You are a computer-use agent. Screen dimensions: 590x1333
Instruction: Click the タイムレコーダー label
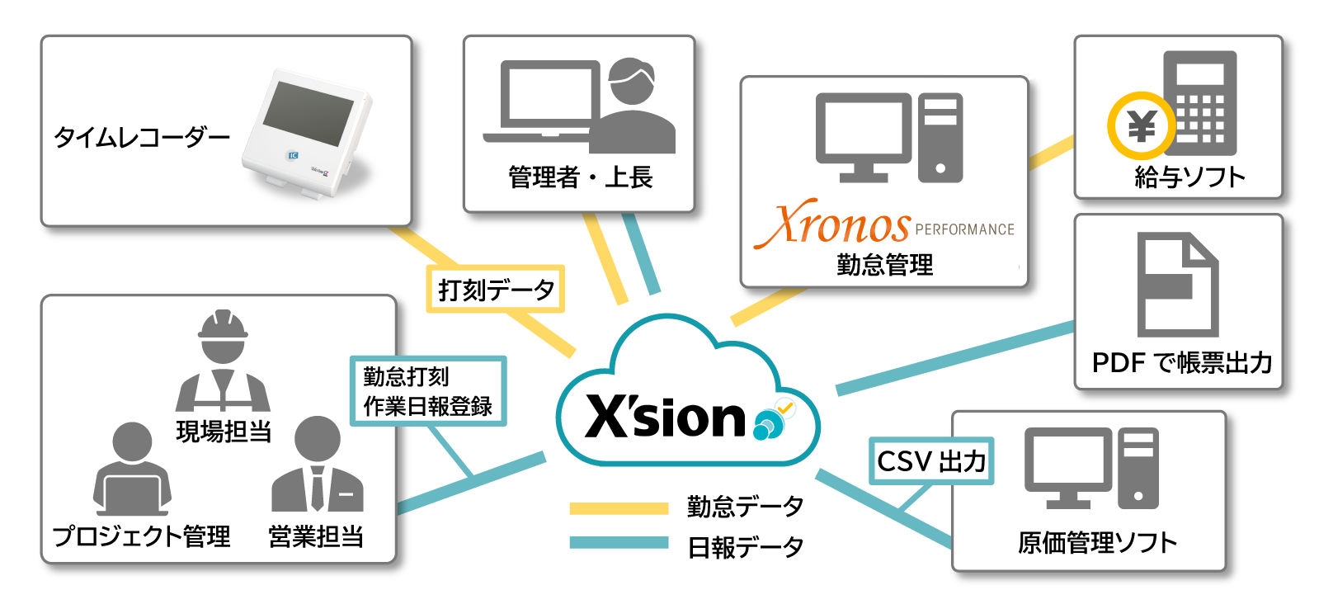142,137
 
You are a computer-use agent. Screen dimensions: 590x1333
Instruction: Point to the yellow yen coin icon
1142,126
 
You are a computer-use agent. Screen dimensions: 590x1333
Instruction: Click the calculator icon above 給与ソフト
1200,103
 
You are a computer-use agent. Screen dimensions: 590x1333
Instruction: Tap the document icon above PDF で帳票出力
1177,285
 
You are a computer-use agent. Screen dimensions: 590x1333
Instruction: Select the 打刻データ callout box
495,289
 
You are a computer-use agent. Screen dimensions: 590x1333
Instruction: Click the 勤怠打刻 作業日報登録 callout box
428,391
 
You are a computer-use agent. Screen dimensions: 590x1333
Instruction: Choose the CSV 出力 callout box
931,460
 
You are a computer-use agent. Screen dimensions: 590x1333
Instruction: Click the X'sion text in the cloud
665,417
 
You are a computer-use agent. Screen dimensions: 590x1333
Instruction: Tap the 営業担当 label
316,536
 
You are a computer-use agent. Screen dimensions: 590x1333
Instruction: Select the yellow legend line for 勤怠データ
619,508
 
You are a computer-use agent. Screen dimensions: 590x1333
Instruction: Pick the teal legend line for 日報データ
619,543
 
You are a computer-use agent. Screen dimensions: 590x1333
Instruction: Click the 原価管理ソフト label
1097,542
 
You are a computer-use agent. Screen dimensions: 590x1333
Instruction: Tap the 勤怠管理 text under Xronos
884,265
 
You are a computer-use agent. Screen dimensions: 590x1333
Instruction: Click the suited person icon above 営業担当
318,466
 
